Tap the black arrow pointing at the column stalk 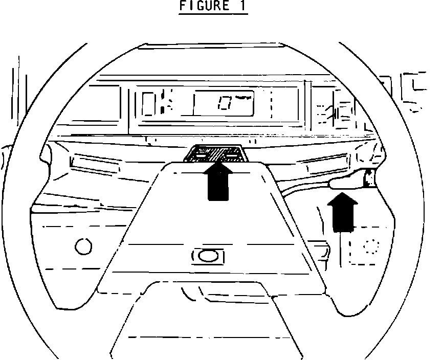pyautogui.click(x=341, y=210)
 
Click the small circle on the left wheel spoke pyautogui.click(x=83, y=246)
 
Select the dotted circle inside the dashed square pyautogui.click(x=369, y=246)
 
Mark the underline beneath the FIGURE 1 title pyautogui.click(x=213, y=13)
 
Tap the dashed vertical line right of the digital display pyautogui.click(x=271, y=105)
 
